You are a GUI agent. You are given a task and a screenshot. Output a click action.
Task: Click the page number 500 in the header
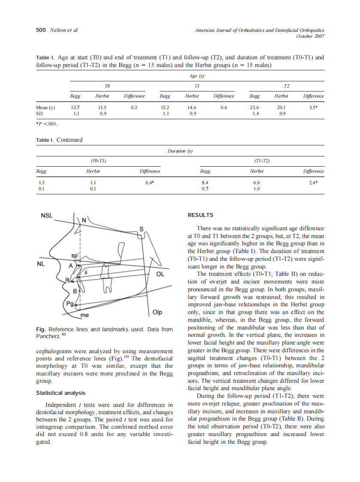tap(40, 30)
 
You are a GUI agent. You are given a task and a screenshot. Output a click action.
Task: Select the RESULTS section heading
tap(201, 215)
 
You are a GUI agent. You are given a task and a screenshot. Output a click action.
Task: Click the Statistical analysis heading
tap(61, 393)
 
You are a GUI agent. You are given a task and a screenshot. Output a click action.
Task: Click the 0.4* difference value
tap(149, 182)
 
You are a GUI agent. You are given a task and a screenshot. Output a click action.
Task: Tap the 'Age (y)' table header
tap(196, 76)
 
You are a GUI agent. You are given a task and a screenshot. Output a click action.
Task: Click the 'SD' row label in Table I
tap(39, 114)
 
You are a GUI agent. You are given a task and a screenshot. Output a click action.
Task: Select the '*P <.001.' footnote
tap(46, 124)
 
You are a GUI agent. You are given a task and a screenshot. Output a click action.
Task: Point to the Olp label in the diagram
tap(158, 312)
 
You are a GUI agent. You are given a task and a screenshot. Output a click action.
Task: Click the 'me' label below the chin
tap(85, 315)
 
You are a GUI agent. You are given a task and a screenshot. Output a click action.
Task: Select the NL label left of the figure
tap(41, 264)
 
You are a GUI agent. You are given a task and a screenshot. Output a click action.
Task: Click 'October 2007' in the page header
tap(310, 36)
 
